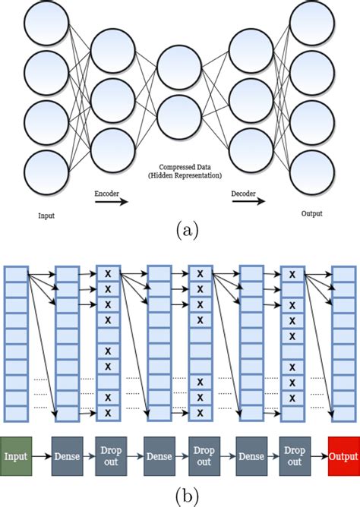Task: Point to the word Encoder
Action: [106, 194]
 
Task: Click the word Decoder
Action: [243, 194]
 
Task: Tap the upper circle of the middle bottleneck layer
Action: [180, 71]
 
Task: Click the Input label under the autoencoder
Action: [46, 216]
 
